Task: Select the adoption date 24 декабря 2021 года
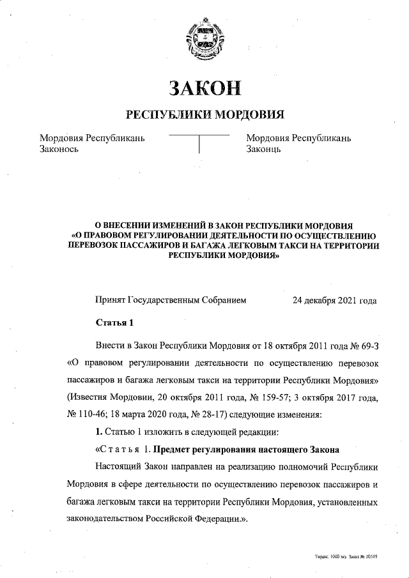click(334, 300)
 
